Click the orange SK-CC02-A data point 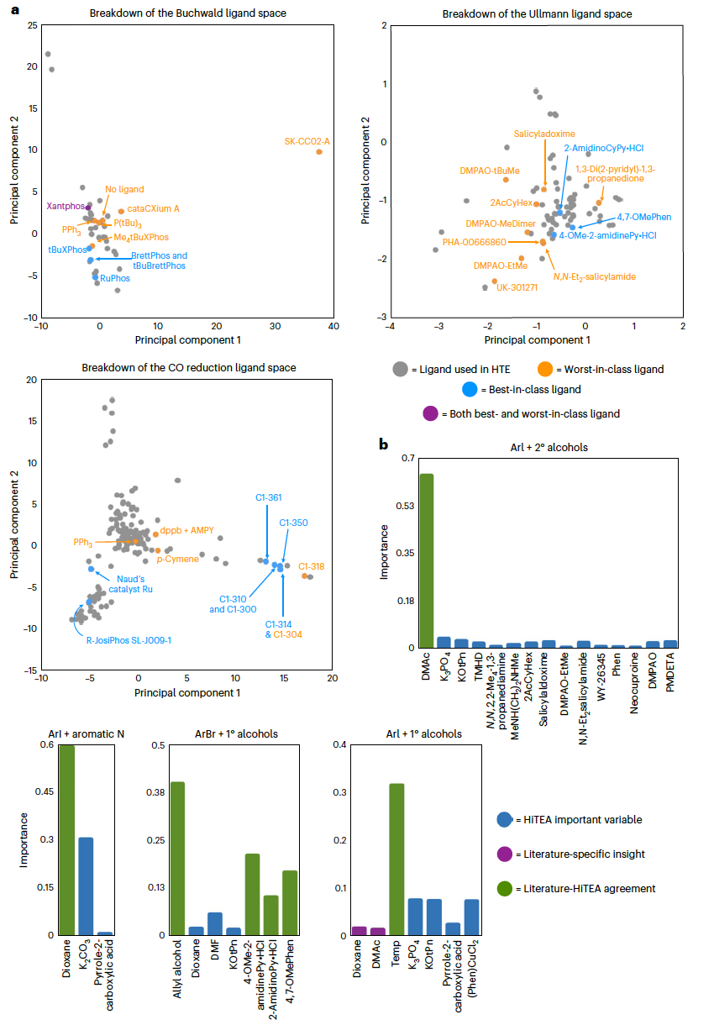319,151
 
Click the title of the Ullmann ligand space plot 537,14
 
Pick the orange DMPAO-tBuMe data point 506,180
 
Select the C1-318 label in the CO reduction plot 311,565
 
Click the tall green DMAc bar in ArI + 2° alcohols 427,560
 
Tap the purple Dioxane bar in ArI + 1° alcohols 359,931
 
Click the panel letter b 383,444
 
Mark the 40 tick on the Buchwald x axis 333,326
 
